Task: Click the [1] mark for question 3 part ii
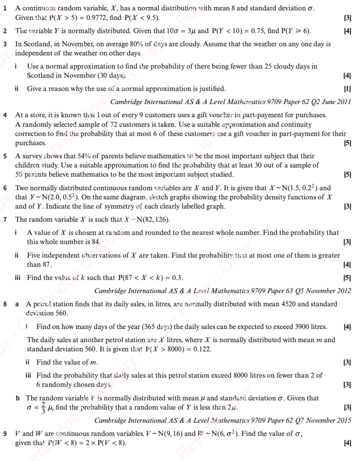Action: pyautogui.click(x=347, y=88)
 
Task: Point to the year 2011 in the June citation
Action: pyautogui.click(x=343, y=101)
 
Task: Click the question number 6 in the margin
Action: pyautogui.click(x=5, y=188)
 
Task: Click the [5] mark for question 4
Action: pyautogui.click(x=347, y=143)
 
